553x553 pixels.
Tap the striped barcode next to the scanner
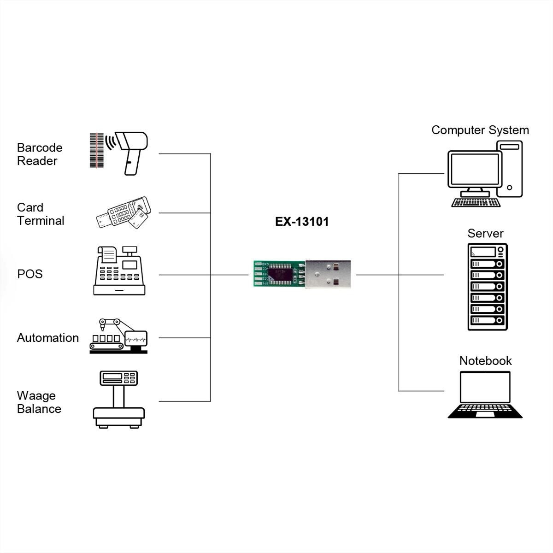point(96,151)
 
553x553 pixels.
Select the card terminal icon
point(124,213)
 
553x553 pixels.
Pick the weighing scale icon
point(119,400)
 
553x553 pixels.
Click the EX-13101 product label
point(302,222)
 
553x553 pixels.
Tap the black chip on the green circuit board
point(281,274)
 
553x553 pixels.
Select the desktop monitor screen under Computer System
point(475,169)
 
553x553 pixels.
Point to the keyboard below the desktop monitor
point(476,202)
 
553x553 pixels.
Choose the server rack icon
point(488,287)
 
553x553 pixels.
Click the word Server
point(485,234)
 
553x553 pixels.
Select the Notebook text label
point(485,361)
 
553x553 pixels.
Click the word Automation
point(48,338)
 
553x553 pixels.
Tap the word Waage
point(36,395)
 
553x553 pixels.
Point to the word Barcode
point(40,147)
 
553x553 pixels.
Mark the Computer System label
point(480,130)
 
